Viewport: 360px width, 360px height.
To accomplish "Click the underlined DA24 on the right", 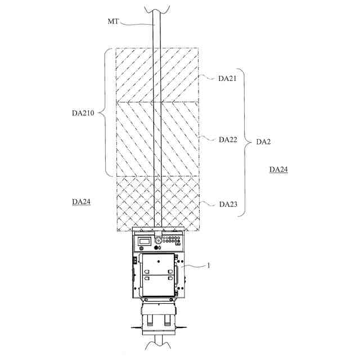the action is pyautogui.click(x=278, y=169).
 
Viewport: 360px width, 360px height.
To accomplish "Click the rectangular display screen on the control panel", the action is pyautogui.click(x=145, y=240).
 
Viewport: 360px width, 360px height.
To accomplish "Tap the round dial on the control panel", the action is pyautogui.click(x=158, y=240).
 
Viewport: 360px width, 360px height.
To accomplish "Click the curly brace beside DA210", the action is pyautogui.click(x=105, y=112).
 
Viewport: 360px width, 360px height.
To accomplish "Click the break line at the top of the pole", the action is pyautogui.click(x=157, y=8).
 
